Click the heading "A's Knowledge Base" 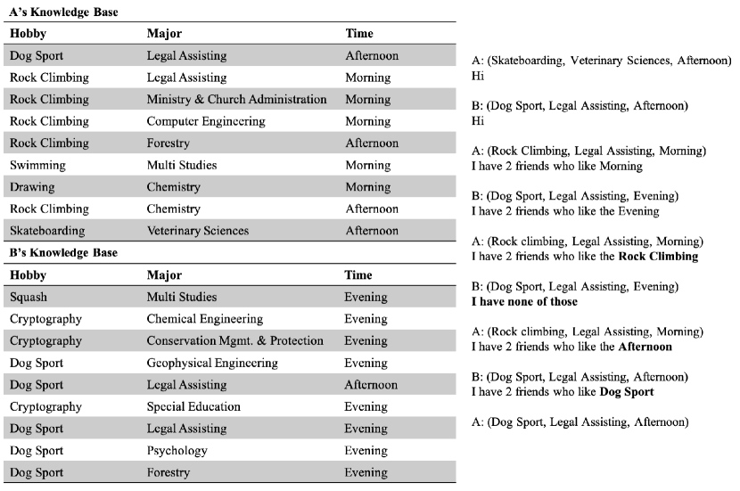[x=63, y=12]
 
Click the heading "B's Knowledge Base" [x=63, y=253]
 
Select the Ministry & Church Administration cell [x=236, y=99]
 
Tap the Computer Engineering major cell [x=201, y=121]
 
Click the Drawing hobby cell [x=32, y=187]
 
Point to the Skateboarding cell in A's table [x=47, y=231]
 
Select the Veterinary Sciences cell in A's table [x=198, y=231]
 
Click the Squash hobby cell [x=29, y=297]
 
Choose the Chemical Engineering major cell [x=205, y=319]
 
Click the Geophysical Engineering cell [x=212, y=363]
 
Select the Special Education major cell [x=193, y=406]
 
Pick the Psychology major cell [x=177, y=450]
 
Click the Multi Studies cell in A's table [x=182, y=165]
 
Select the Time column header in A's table [x=359, y=34]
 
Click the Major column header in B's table [x=164, y=274]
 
